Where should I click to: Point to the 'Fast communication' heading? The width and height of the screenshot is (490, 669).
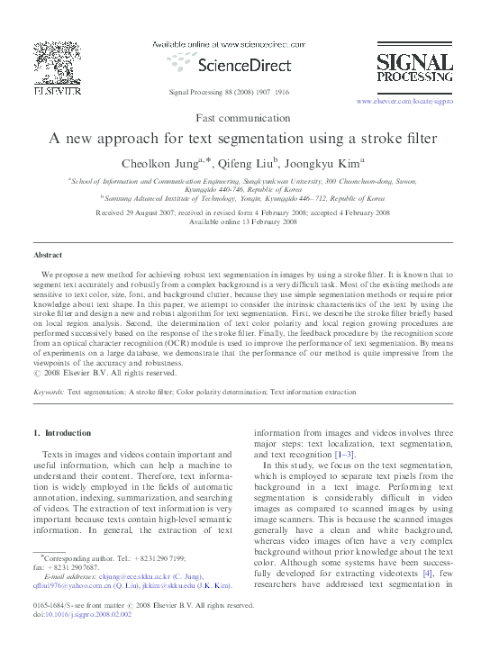point(245,118)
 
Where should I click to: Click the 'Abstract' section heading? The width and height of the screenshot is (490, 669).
point(48,255)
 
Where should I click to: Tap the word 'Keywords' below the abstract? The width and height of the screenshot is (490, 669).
point(48,393)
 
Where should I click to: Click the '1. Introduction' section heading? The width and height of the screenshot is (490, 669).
point(61,433)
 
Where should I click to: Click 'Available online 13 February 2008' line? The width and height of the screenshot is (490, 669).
point(243,221)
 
